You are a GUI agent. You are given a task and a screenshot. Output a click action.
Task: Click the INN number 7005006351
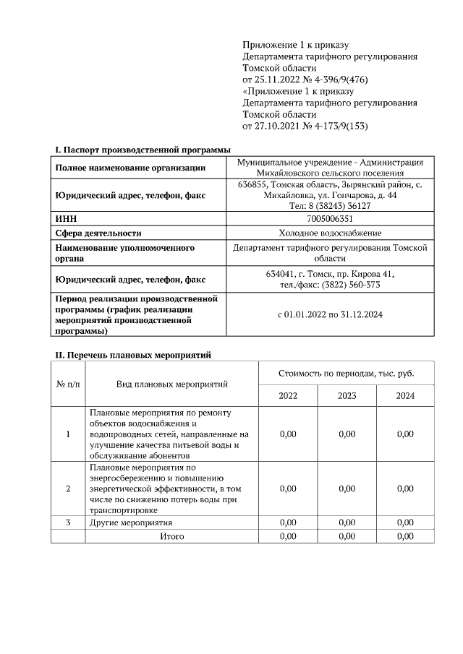(330, 219)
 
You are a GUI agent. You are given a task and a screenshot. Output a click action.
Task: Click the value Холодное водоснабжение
(330, 233)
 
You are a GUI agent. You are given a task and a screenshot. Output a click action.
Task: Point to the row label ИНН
(66, 219)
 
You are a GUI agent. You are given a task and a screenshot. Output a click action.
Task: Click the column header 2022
(288, 395)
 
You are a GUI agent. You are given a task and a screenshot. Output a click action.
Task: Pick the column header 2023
(347, 395)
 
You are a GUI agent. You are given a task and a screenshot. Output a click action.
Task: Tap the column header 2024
(405, 395)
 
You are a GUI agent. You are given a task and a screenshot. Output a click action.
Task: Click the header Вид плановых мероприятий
(172, 384)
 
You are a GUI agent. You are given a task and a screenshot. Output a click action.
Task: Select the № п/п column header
(68, 384)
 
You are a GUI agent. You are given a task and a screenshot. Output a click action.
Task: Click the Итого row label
(172, 536)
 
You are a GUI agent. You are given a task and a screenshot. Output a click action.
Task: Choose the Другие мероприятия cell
(131, 522)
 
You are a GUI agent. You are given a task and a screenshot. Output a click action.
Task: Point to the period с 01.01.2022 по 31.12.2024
(330, 315)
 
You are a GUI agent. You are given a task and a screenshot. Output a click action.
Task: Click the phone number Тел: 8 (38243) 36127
(330, 205)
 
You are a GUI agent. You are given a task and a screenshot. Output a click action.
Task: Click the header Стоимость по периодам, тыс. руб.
(346, 373)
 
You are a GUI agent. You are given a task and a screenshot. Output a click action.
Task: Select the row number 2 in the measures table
(68, 489)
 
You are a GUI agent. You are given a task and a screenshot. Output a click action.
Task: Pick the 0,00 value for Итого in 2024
(405, 536)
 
